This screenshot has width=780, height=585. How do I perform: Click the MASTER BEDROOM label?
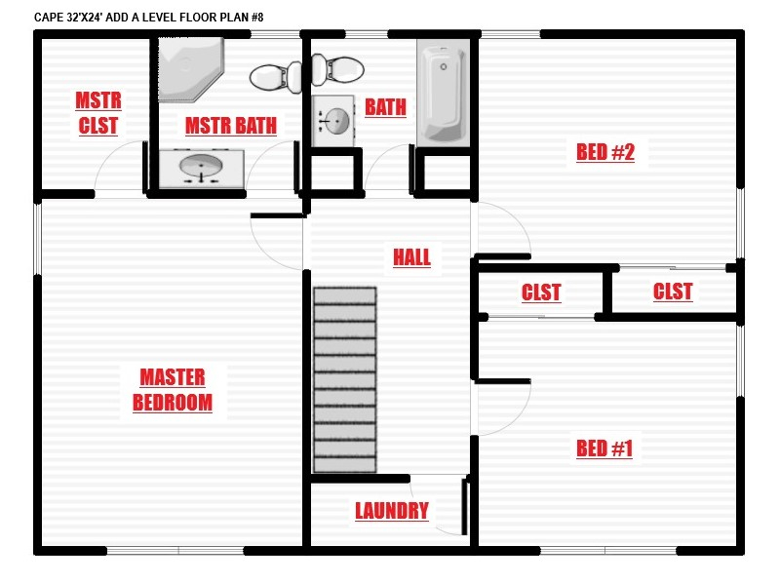click(x=173, y=390)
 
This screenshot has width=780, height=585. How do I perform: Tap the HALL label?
click(x=411, y=257)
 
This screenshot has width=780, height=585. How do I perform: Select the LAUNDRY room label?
click(x=392, y=511)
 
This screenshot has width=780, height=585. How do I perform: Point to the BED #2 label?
click(x=605, y=152)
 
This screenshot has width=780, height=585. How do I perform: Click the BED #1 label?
click(x=604, y=448)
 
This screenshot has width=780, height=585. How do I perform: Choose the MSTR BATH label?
click(x=231, y=126)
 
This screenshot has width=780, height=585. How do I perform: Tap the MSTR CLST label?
click(x=98, y=113)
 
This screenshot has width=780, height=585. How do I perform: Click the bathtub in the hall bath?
click(x=444, y=93)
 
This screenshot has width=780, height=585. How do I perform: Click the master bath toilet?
click(x=276, y=77)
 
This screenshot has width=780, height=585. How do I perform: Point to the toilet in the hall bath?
click(x=337, y=69)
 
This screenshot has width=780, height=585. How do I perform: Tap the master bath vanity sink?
click(x=202, y=168)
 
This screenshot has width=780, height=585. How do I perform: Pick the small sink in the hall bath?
click(x=332, y=121)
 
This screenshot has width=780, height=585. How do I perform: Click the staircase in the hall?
click(x=345, y=379)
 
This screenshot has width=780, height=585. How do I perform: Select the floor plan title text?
click(x=149, y=18)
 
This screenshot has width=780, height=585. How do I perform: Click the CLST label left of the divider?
click(x=541, y=292)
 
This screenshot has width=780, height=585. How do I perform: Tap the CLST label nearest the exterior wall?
click(x=673, y=292)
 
